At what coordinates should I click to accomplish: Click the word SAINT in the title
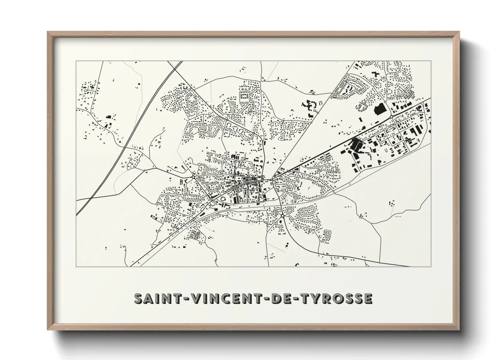154,298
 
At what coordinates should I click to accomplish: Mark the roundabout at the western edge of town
193,177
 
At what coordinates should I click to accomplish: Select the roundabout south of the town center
283,216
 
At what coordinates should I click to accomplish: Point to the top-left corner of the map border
76,61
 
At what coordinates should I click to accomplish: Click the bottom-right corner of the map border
431,266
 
